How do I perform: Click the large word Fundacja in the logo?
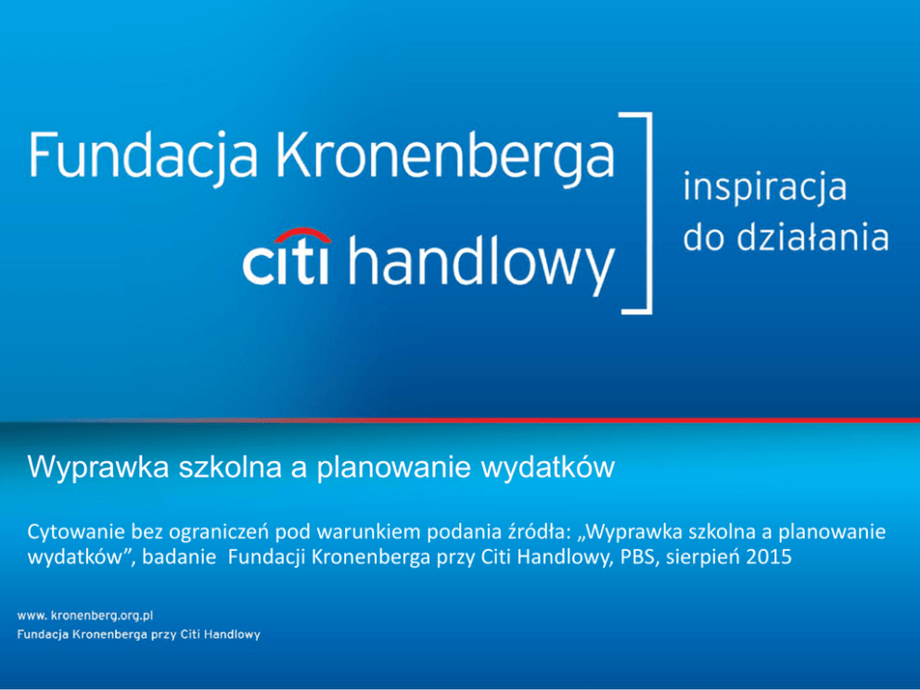click(x=143, y=156)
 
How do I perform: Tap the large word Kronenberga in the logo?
click(x=445, y=156)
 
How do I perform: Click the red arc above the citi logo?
click(x=302, y=236)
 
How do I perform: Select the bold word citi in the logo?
click(x=286, y=261)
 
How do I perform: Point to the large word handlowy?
click(x=481, y=264)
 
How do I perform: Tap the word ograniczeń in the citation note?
click(x=219, y=532)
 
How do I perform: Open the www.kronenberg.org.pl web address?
click(x=85, y=616)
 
